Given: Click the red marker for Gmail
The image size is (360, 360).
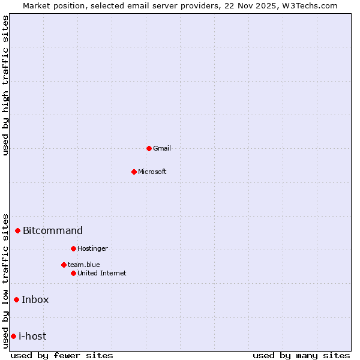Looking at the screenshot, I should [149, 148].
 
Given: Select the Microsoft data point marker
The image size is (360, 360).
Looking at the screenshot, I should [134, 172].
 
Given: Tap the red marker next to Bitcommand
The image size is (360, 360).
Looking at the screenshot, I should [18, 230].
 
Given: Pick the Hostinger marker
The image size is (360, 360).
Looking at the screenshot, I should [73, 248].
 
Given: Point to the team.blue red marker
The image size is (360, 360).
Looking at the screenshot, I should [64, 265].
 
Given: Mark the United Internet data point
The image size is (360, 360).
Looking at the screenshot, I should [73, 273].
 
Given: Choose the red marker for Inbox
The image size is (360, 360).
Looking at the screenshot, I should [17, 299].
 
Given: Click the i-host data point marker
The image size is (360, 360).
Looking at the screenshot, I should [13, 336].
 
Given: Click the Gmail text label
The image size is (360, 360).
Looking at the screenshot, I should [162, 148].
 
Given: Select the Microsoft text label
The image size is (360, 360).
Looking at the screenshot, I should [152, 172].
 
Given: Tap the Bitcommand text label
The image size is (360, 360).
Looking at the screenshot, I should [53, 230].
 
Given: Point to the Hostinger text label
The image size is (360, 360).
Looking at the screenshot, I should [92, 248].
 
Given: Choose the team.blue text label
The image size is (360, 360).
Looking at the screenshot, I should [84, 265].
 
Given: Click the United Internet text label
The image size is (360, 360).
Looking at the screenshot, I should [102, 273].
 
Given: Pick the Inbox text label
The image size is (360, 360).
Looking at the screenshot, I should [35, 299].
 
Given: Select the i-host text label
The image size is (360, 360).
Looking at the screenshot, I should [32, 336].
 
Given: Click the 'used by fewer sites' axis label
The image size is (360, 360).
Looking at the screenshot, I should [62, 355].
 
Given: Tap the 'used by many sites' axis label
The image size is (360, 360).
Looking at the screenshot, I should [301, 355].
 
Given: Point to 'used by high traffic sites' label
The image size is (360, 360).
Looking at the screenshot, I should [5, 85].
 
